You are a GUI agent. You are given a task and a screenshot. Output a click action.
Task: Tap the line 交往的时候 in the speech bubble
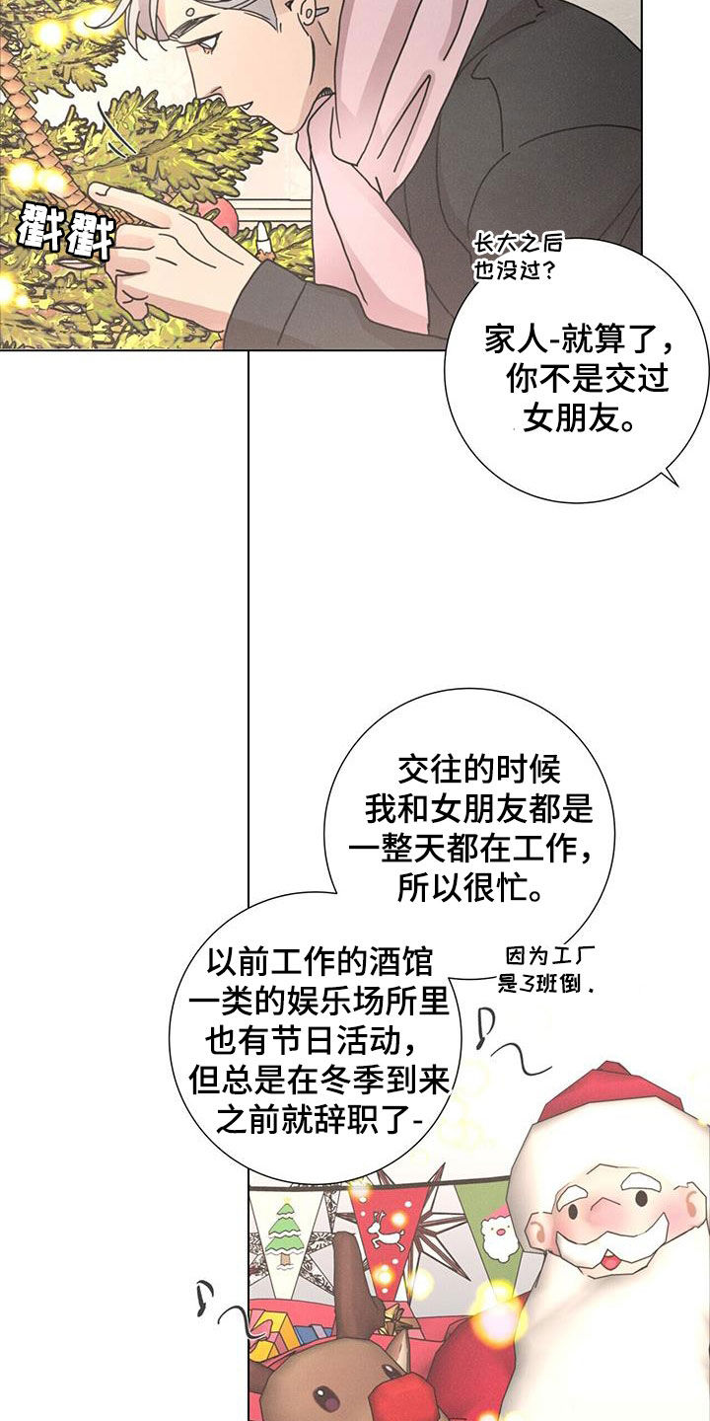(x=479, y=770)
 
